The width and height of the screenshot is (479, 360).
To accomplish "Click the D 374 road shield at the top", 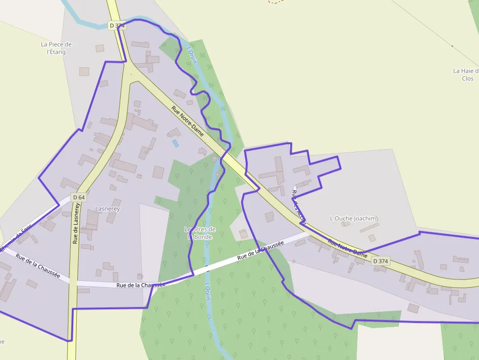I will [117, 25].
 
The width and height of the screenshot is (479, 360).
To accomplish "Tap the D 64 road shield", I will [78, 197].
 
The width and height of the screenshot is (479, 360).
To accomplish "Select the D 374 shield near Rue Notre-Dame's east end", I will [381, 261].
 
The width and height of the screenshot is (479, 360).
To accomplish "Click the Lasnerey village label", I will [108, 209].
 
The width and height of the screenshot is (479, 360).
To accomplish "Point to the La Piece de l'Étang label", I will [56, 48].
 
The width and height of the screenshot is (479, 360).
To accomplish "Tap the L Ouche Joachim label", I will [353, 218].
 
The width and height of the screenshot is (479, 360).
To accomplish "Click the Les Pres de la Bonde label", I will [199, 233].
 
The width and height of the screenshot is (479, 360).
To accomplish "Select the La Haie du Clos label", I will [465, 74].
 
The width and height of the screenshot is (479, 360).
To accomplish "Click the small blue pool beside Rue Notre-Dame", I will [175, 143].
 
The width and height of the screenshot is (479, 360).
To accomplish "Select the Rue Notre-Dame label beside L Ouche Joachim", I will [347, 248].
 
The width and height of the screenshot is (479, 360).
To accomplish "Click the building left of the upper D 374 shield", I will [100, 48].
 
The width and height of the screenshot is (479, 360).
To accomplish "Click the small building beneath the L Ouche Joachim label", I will [346, 224].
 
